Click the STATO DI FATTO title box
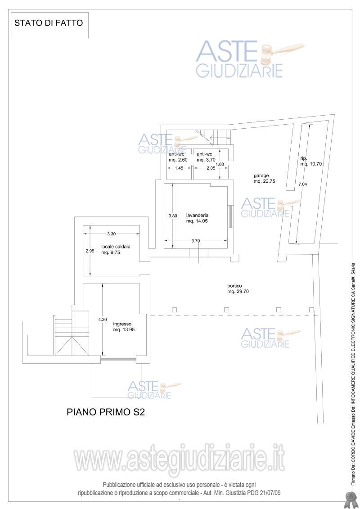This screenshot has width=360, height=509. (49, 25)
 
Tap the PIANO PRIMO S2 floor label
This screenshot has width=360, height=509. (105, 412)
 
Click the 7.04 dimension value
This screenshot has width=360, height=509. (302, 184)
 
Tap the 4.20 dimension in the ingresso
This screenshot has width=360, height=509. (103, 320)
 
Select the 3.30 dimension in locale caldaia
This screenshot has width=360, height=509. (111, 234)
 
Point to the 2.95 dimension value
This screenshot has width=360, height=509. (90, 251)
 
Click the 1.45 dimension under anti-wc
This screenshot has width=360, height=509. (179, 168)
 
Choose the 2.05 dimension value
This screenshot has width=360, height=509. (211, 168)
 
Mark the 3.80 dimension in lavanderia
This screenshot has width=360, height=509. (173, 216)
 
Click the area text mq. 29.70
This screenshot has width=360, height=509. (238, 292)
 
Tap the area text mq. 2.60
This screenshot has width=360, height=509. (178, 160)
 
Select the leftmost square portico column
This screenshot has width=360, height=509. (174, 310)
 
